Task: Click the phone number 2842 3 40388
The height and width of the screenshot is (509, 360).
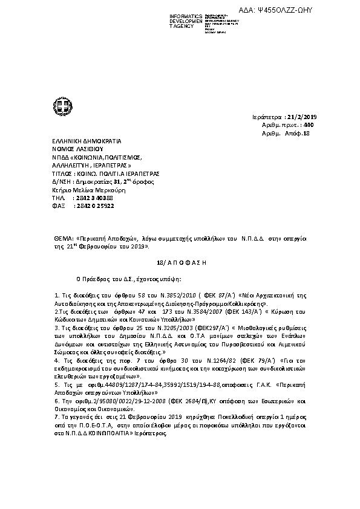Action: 92,198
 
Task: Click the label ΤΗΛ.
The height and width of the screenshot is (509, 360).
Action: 58,198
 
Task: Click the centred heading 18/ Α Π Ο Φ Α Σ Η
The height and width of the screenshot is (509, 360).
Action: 180,264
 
